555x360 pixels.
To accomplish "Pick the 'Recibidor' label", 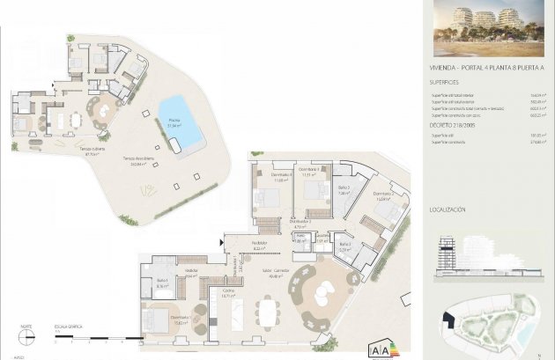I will tap(258, 243).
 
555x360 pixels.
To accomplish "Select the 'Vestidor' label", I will tap(190, 270).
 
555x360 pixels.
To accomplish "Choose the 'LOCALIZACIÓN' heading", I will tap(448, 210).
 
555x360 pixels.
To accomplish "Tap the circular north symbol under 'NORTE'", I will tap(26, 335).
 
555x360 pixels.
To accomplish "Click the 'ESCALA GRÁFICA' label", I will tap(67, 324).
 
